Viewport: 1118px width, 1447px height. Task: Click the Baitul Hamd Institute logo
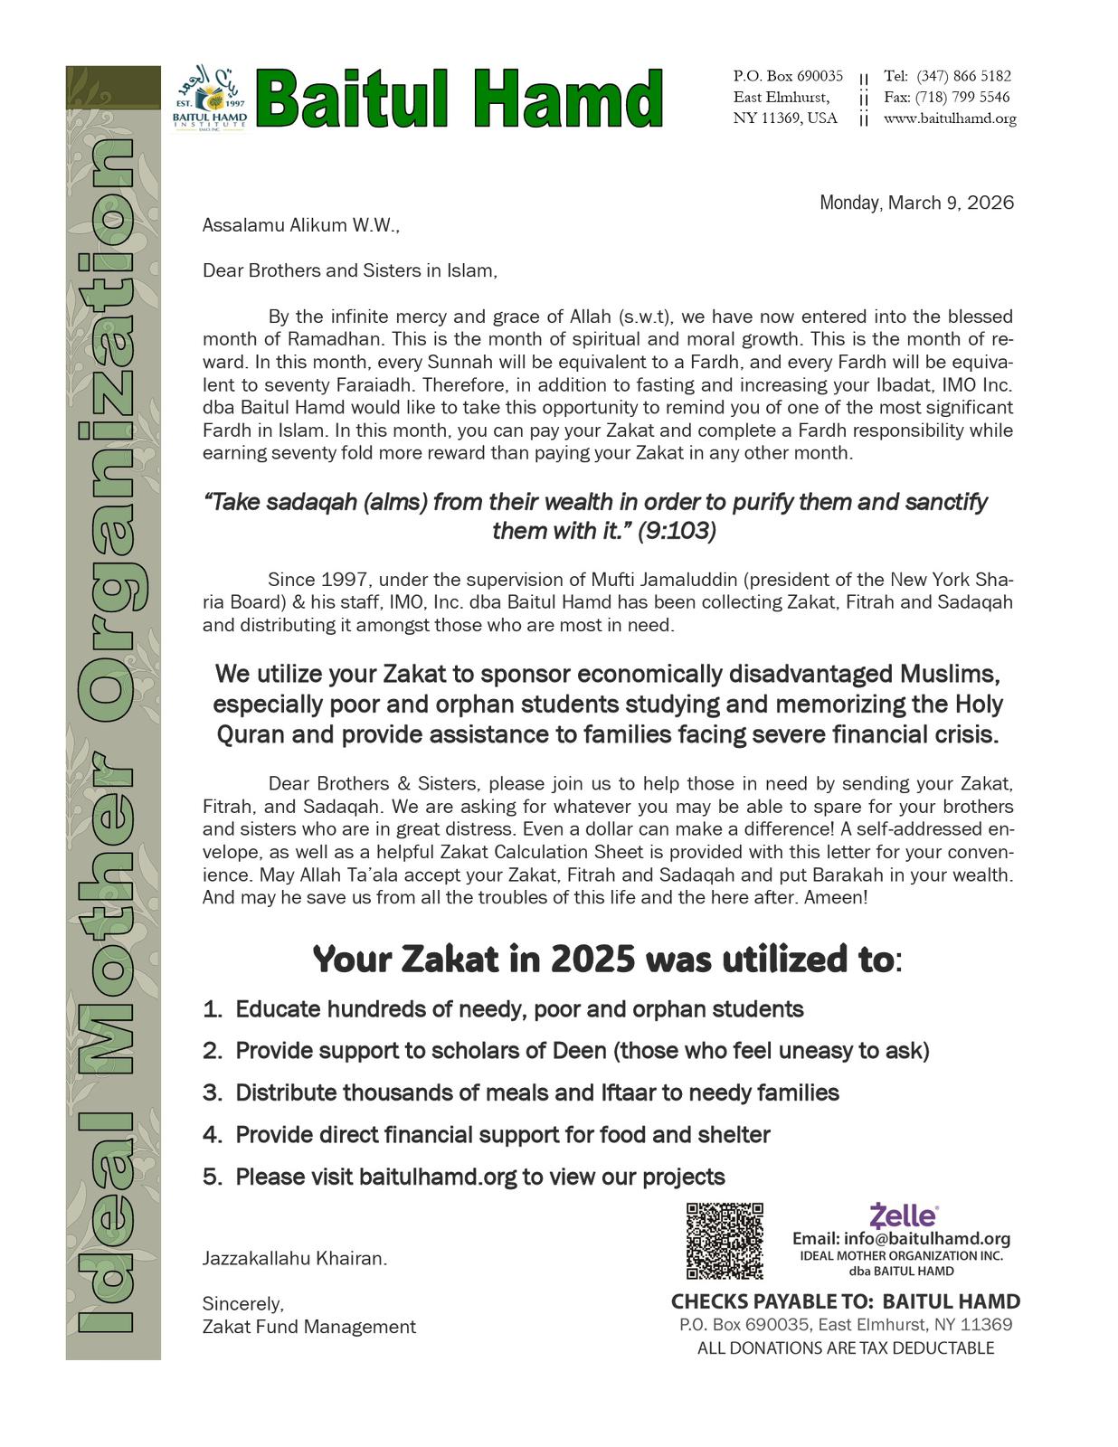coord(210,98)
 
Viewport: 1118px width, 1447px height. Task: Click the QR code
coord(725,1240)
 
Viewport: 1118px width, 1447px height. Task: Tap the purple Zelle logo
coord(904,1215)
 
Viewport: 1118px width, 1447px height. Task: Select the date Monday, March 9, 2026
coord(916,203)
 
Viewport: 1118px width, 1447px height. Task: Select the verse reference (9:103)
coord(677,531)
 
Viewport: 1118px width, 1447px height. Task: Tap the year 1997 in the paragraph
coord(343,580)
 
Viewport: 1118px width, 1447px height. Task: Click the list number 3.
coord(212,1092)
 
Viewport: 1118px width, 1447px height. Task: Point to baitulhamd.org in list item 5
coord(438,1177)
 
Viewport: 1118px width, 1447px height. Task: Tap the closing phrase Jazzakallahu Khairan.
coord(295,1258)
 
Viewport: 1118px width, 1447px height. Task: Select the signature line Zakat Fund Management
coord(309,1327)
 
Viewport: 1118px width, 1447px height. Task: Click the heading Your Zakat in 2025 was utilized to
coord(606,960)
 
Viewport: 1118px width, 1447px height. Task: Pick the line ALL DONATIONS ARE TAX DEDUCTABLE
coord(846,1348)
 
